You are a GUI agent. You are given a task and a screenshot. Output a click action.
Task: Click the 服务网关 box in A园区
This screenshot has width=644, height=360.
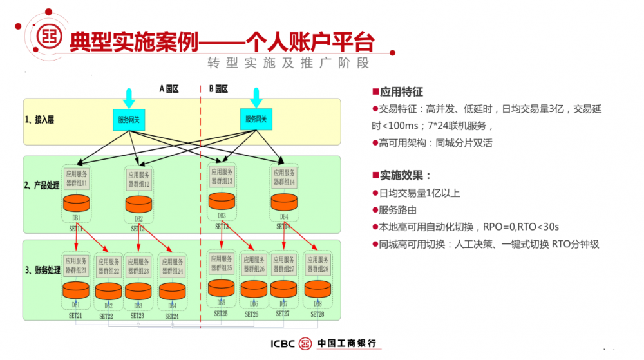click(x=129, y=119)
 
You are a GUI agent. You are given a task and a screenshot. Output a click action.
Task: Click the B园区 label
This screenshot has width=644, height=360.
click(x=218, y=89)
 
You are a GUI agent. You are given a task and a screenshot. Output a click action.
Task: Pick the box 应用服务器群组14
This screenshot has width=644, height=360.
click(x=283, y=178)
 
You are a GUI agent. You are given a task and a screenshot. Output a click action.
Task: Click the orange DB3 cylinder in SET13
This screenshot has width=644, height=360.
click(x=222, y=201)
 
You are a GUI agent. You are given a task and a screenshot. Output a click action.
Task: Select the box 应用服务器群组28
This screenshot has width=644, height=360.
click(x=318, y=263)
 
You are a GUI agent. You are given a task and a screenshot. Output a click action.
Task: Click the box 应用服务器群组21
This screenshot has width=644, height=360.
click(x=76, y=266)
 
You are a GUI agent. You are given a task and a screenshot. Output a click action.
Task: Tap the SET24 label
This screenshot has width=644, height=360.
click(x=171, y=316)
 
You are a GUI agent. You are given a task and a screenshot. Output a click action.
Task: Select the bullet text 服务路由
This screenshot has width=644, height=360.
click(x=398, y=209)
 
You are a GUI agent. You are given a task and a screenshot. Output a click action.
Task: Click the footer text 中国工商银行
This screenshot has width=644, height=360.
click(x=346, y=343)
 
